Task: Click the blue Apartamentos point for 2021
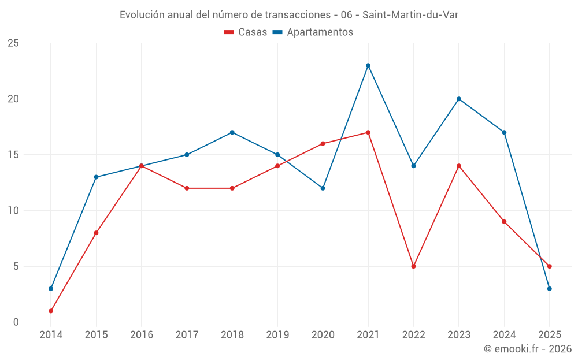(x=368, y=65)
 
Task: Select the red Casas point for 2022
(x=413, y=266)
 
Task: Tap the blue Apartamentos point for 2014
(x=51, y=289)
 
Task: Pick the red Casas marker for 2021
(x=368, y=132)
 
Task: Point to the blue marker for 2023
(x=459, y=99)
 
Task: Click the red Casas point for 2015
(x=96, y=233)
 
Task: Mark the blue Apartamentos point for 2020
(x=323, y=188)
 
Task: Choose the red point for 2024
(x=504, y=222)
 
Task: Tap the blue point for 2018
(x=232, y=132)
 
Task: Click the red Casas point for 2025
(x=550, y=266)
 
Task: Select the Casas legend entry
(x=246, y=32)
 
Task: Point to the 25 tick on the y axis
(x=13, y=43)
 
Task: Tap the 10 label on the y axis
(x=13, y=211)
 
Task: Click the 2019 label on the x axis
(x=277, y=335)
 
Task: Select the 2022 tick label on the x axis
(x=413, y=335)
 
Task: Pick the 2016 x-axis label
(x=142, y=335)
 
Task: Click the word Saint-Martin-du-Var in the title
(x=410, y=15)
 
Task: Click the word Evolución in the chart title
(x=142, y=15)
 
